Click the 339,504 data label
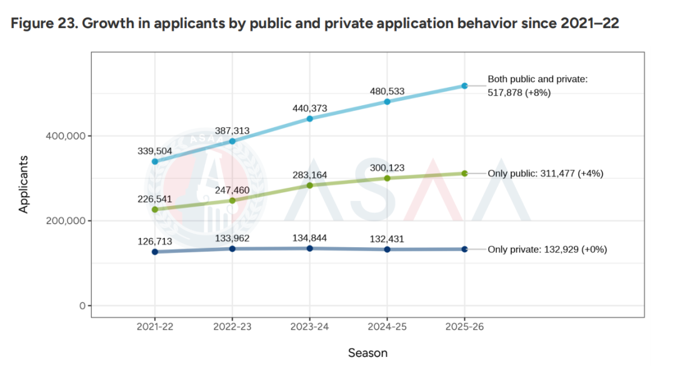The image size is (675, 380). (x=154, y=151)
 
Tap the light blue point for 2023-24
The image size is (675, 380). (x=309, y=118)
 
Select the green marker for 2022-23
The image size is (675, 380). (x=232, y=200)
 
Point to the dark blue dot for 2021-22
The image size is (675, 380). (x=154, y=252)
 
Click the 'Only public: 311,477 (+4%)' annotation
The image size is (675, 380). (x=545, y=173)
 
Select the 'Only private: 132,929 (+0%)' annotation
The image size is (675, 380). (x=547, y=249)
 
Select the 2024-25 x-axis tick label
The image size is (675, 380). (x=387, y=327)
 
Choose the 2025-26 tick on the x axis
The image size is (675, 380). (x=464, y=327)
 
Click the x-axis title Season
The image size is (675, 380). (x=367, y=353)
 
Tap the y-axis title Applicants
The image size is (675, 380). (x=24, y=183)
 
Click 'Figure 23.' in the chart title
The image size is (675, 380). (x=42, y=23)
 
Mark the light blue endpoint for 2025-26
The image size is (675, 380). (x=464, y=86)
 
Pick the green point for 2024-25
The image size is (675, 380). (x=387, y=178)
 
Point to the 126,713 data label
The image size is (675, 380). (x=154, y=241)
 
